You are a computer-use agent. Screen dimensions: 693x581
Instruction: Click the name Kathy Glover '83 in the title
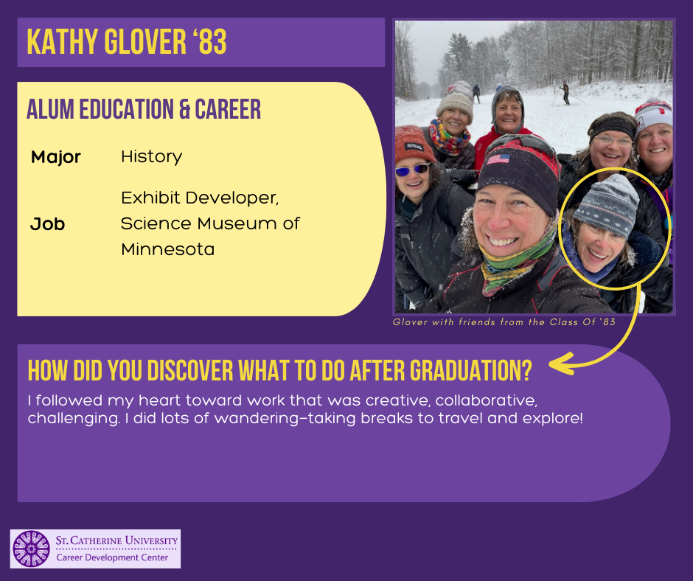tap(126, 42)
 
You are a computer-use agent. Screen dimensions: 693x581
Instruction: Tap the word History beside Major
tap(152, 157)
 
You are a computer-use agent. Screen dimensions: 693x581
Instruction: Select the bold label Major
tap(56, 157)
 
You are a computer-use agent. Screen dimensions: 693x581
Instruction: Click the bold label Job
tap(48, 224)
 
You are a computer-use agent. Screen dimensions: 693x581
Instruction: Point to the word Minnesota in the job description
tap(168, 249)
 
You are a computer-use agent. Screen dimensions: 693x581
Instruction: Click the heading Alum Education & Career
tap(144, 109)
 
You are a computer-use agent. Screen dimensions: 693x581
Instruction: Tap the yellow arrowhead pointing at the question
tap(561, 363)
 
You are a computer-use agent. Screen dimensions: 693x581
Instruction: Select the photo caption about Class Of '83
tap(504, 322)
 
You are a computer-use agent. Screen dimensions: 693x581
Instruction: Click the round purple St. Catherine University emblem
tap(31, 549)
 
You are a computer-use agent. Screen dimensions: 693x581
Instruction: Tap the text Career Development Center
tap(112, 557)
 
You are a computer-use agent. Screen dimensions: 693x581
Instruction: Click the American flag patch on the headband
tap(498, 159)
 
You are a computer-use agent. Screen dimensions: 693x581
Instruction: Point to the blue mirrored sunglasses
tap(412, 170)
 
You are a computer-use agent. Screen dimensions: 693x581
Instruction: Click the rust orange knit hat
tap(414, 144)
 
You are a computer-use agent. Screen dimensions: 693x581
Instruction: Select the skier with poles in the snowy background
tap(565, 94)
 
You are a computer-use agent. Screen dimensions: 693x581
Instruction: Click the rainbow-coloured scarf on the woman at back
tap(449, 139)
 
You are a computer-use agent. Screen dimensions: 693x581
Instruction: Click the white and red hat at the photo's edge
tap(654, 116)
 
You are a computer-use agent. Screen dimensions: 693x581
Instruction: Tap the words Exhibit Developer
tap(200, 198)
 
